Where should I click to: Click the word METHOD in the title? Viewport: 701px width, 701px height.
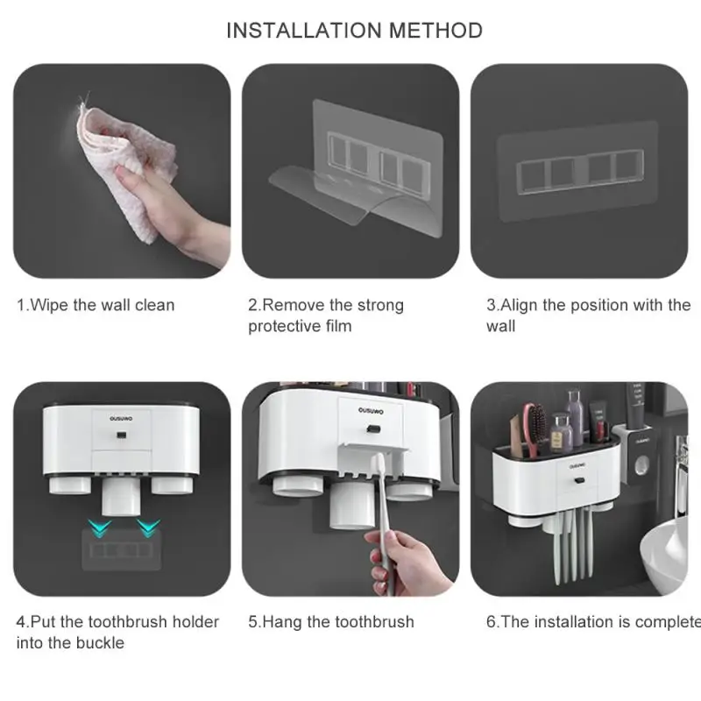tap(435, 31)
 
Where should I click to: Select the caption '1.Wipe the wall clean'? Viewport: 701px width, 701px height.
tap(96, 305)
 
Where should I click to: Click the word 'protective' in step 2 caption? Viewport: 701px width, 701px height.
tap(284, 326)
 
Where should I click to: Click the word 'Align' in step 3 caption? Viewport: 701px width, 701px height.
tap(519, 306)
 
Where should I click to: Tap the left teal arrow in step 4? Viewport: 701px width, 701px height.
tap(99, 528)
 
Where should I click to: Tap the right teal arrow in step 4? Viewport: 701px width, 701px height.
tap(148, 528)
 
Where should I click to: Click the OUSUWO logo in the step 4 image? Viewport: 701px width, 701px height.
tap(121, 419)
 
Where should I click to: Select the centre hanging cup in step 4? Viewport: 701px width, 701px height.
tap(122, 497)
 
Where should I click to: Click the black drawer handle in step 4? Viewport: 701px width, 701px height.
tap(120, 435)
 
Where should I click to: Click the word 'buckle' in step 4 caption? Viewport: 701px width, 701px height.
tap(100, 643)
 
